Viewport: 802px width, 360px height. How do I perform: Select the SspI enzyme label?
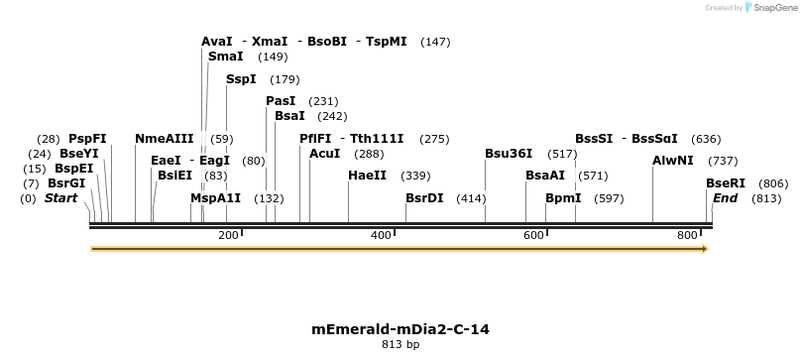click(241, 79)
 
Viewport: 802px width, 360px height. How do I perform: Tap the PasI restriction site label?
click(281, 101)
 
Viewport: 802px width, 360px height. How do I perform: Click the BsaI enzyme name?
click(289, 116)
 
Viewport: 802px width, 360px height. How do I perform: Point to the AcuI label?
click(324, 154)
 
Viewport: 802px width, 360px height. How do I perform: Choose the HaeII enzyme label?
click(367, 176)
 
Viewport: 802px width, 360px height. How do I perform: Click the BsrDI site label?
click(424, 198)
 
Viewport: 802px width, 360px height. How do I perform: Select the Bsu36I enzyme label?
click(509, 154)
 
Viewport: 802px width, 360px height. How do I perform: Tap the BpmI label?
click(563, 198)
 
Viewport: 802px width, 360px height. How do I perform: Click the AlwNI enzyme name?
click(673, 161)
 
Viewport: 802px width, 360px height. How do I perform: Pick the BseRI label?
click(725, 183)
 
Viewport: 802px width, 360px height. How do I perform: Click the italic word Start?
click(60, 198)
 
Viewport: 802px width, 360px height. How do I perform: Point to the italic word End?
click(725, 198)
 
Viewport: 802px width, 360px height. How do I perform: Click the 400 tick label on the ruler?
click(381, 235)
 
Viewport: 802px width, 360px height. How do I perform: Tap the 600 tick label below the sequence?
click(533, 235)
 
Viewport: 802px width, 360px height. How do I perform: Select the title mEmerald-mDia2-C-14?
click(401, 329)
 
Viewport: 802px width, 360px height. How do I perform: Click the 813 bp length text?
click(401, 345)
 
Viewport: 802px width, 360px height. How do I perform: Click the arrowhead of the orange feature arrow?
click(704, 249)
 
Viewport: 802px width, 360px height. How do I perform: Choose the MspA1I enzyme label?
click(215, 198)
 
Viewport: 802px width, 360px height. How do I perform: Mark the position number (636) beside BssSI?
click(706, 139)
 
